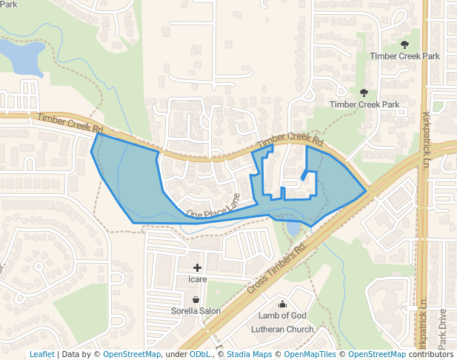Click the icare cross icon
pyautogui.click(x=197, y=267)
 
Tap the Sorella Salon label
pyautogui.click(x=196, y=311)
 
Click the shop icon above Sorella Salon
pyautogui.click(x=196, y=299)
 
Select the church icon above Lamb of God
pyautogui.click(x=282, y=304)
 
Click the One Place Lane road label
pyautogui.click(x=213, y=207)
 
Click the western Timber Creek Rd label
pyautogui.click(x=70, y=122)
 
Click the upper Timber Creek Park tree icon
pyautogui.click(x=404, y=44)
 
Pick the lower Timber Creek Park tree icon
pyautogui.click(x=364, y=93)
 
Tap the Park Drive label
pyautogui.click(x=441, y=328)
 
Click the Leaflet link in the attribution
pyautogui.click(x=41, y=354)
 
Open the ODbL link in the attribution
pyautogui.click(x=199, y=354)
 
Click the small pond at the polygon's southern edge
pyautogui.click(x=294, y=227)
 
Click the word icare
pyautogui.click(x=197, y=279)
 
